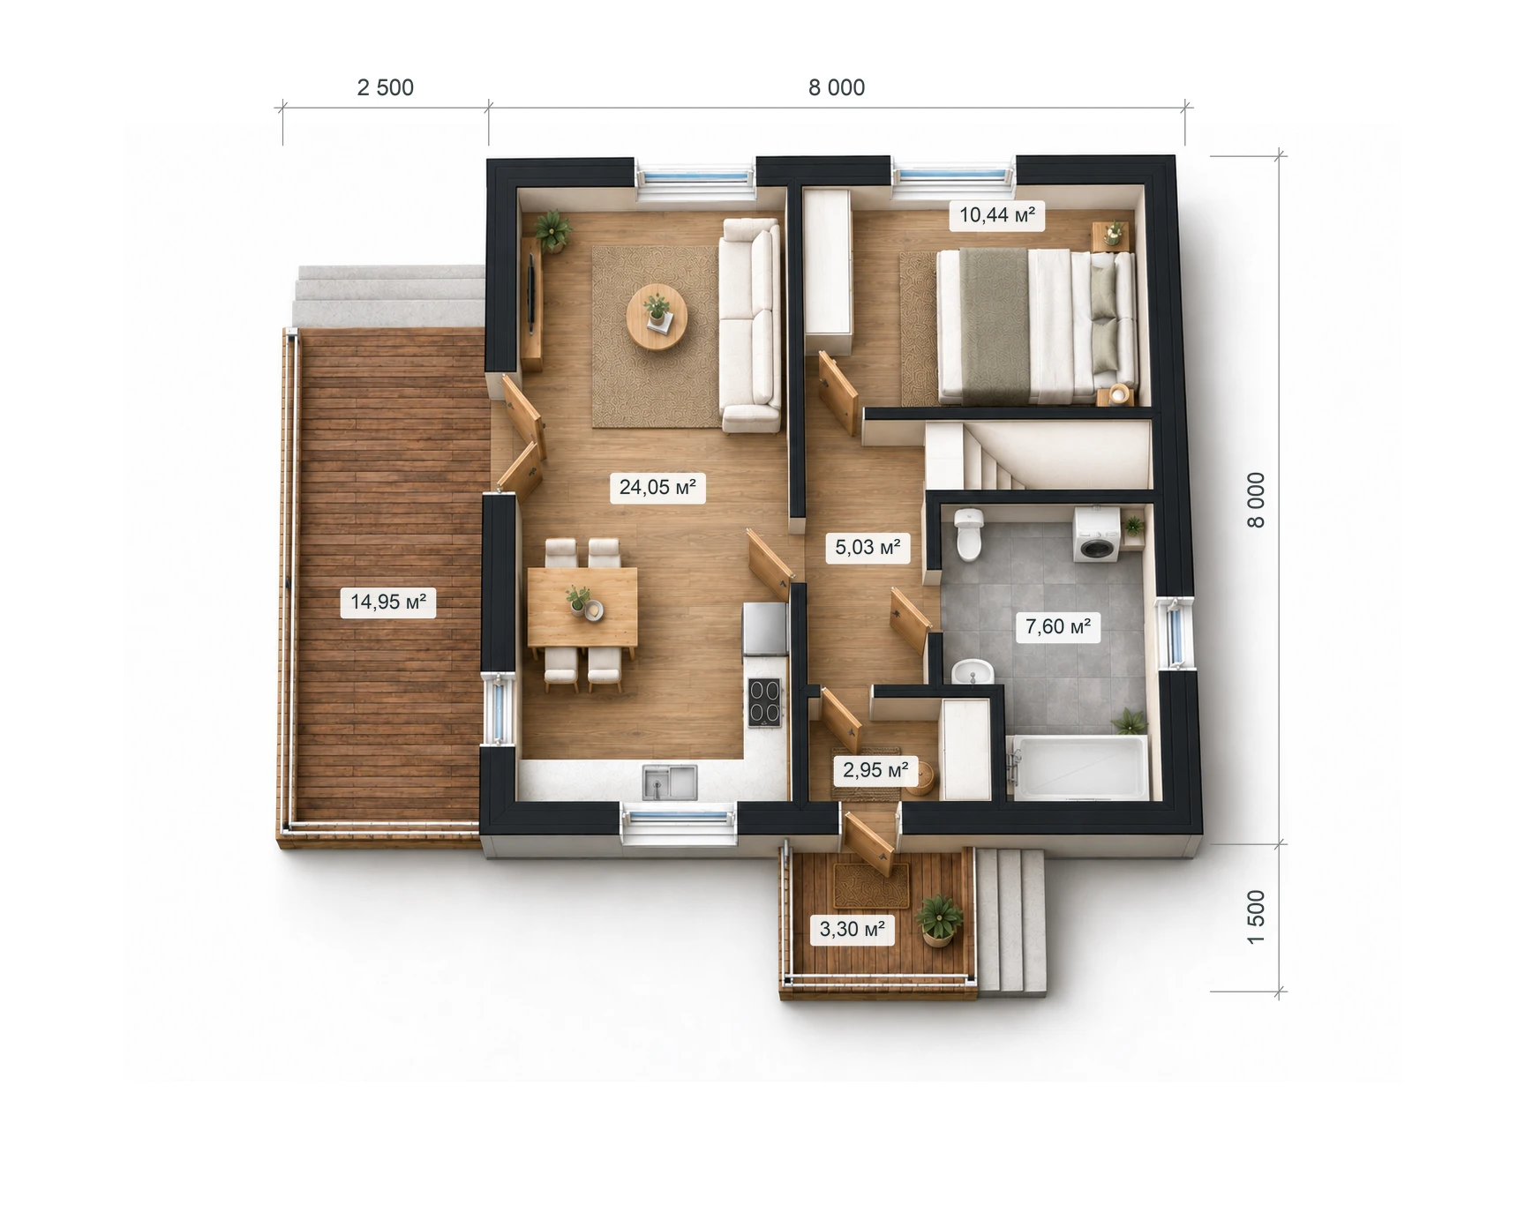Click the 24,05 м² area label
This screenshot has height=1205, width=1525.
657,487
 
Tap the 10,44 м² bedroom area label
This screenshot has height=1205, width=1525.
997,214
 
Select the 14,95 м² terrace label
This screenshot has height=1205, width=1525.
388,602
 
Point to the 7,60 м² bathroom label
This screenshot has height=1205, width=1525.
1058,626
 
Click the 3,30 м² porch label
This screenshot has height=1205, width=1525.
853,929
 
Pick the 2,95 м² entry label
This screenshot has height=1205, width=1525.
875,770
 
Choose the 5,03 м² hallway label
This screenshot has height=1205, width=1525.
868,547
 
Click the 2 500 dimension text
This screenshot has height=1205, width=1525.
386,87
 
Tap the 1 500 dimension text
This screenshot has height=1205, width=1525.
1257,917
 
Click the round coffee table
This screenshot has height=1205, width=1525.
657,317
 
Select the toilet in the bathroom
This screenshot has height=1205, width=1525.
968,534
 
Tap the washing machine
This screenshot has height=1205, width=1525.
1096,535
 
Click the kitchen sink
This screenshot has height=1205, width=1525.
670,782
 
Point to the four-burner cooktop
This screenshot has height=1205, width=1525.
765,702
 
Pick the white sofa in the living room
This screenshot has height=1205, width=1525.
750,326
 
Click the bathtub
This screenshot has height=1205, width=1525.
1078,767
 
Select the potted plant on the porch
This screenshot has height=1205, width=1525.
939,920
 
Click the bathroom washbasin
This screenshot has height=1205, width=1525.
973,672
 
